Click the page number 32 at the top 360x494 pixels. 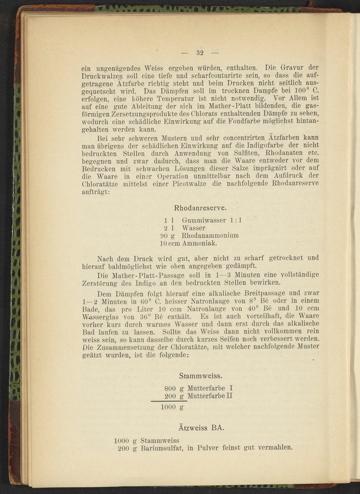(x=200, y=53)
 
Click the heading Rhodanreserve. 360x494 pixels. (x=200, y=208)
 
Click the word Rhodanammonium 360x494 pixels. (x=210, y=235)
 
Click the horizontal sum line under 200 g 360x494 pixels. (x=169, y=401)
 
